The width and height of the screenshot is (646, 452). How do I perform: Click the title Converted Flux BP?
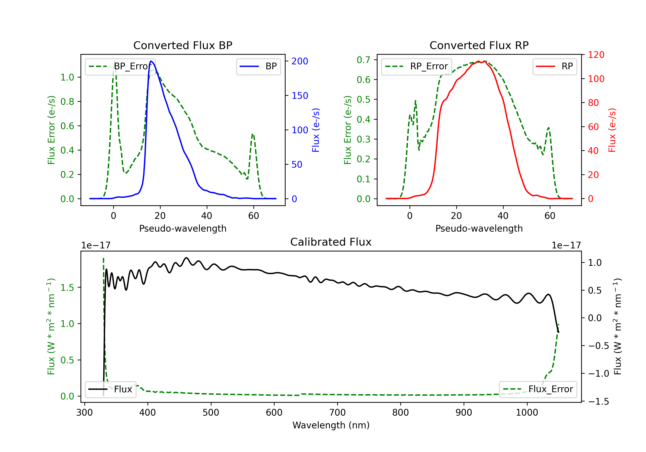(x=183, y=45)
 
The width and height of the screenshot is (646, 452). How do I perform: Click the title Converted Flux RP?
(x=479, y=45)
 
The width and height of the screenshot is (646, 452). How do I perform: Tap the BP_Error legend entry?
(x=120, y=66)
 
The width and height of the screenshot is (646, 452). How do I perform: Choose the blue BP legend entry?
(x=258, y=66)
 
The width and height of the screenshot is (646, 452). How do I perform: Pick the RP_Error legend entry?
(x=416, y=66)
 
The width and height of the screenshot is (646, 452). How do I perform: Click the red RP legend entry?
(x=554, y=66)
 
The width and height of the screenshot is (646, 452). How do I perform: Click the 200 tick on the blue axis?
(x=300, y=61)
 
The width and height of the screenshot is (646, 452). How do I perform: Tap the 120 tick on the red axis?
(x=596, y=55)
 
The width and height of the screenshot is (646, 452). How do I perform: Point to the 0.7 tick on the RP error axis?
(x=363, y=60)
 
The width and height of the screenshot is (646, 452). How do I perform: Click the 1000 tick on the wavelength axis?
(x=527, y=413)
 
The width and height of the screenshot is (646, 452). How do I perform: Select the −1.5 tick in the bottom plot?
(x=598, y=401)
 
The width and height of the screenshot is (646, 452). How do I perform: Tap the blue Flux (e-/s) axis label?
(x=316, y=130)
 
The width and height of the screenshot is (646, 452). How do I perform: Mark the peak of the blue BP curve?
(x=151, y=61)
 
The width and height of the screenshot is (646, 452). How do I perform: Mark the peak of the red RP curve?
(x=478, y=61)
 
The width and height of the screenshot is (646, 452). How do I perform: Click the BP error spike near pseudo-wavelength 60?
(x=253, y=135)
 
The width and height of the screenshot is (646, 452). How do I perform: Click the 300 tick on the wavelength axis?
(x=84, y=413)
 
